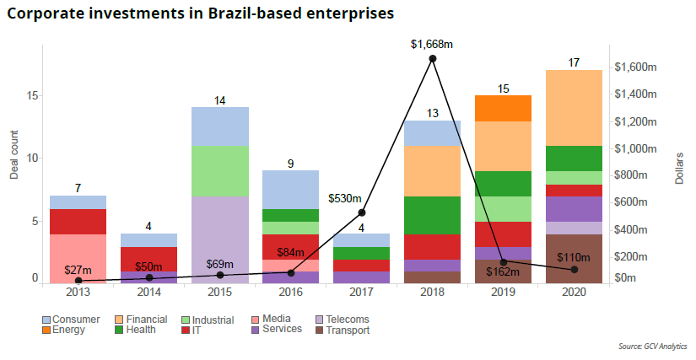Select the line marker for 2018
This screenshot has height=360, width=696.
pos(433,58)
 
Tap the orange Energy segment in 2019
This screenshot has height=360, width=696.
pos(503,108)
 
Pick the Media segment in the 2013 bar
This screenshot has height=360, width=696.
pos(78,258)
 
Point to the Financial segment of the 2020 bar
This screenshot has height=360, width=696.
pos(575,107)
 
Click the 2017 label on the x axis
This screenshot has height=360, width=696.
pos(361,292)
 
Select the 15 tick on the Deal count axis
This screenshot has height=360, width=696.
pos(30,95)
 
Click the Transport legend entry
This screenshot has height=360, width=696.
pos(341,330)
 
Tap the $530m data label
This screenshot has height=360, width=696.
pos(345,199)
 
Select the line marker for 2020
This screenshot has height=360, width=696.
pos(575,270)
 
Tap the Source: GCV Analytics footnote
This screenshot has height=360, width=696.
pos(652,346)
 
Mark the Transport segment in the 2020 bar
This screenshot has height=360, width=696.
pos(575,258)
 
